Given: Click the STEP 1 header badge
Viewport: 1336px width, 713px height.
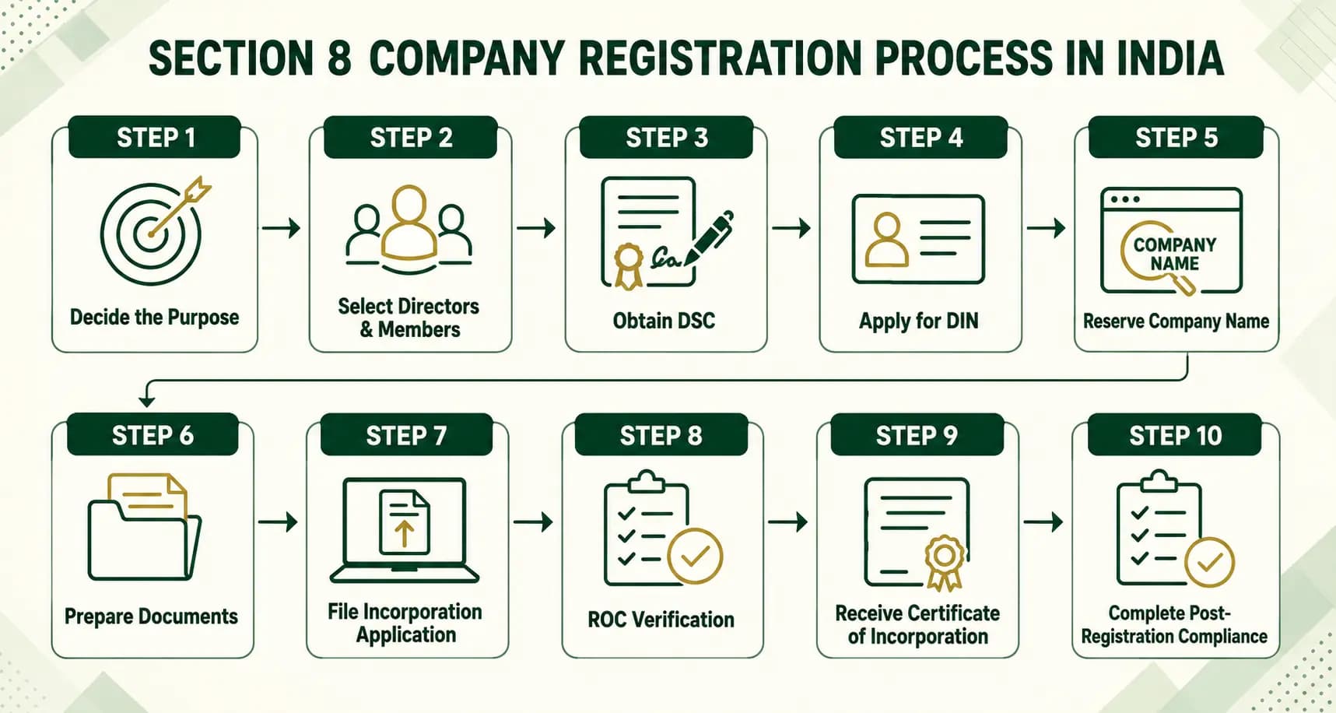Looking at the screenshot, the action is click(154, 137).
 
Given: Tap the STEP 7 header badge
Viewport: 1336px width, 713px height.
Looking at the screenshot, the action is click(406, 434).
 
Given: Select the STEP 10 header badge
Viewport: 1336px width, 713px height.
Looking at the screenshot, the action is click(1175, 434).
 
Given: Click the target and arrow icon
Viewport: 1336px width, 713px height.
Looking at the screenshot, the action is click(155, 231).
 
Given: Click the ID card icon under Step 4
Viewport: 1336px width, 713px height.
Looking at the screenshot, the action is click(919, 239).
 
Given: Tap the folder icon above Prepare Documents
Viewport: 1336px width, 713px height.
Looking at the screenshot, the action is click(144, 527).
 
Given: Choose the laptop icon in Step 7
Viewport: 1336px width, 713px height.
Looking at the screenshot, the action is click(405, 530).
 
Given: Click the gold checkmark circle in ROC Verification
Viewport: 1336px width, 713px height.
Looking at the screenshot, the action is click(695, 556).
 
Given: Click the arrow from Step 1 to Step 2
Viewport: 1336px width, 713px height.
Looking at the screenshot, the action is click(281, 228).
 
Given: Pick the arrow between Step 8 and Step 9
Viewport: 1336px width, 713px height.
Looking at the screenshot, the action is click(788, 522).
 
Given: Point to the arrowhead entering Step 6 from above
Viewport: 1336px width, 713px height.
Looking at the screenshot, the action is click(146, 400).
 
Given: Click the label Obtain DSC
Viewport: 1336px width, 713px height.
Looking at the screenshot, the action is click(664, 321).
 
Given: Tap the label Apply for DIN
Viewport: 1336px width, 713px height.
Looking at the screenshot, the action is click(919, 321).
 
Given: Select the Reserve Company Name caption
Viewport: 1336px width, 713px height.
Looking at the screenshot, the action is click(1176, 321).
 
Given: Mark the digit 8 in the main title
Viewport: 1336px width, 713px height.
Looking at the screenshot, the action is click(338, 58).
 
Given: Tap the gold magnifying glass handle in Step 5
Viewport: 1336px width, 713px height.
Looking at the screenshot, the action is click(1183, 284).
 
